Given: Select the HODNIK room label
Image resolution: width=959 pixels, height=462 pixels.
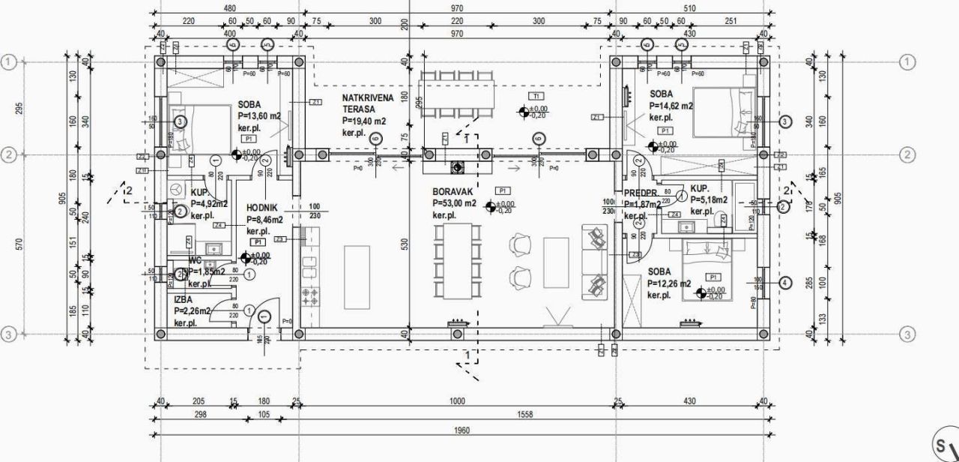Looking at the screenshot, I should (x=261, y=208).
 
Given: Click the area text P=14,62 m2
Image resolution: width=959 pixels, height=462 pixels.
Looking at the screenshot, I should (x=671, y=106).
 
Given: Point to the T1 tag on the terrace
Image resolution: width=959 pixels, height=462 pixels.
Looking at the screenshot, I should (x=536, y=96).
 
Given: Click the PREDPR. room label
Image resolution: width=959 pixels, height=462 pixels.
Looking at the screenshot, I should (x=640, y=192).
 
